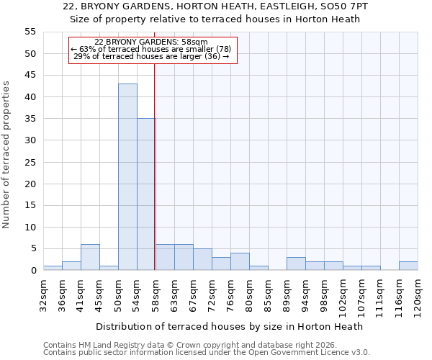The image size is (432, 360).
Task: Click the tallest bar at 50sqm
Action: pos(127,177)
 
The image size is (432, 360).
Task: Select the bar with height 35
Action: pos(146,194)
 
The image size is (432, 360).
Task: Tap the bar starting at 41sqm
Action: pos(90,257)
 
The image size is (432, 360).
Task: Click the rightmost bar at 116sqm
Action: pos(408,266)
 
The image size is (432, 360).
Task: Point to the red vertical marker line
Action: pos(155,180)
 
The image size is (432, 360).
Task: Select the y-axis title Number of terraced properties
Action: pos(7,155)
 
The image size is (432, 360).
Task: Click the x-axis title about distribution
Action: pos(229,326)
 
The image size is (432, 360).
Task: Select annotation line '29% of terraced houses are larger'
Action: pos(151,56)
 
